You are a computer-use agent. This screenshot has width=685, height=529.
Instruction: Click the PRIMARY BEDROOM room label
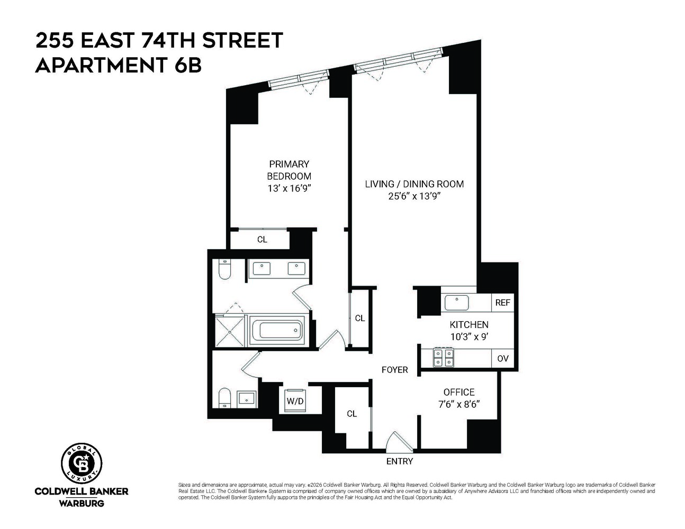289,170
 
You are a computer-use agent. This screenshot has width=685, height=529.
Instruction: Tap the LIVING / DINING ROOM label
414,184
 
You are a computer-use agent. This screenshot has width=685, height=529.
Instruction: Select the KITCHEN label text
469,324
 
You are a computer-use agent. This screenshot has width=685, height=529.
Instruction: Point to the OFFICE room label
458,392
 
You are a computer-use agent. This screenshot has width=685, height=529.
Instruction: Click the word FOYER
395,370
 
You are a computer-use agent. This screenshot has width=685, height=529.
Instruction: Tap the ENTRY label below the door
399,461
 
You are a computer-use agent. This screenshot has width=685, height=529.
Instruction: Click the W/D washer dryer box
295,400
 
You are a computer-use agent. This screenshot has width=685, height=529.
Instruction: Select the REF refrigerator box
502,303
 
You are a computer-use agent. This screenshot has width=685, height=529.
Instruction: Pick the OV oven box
502,358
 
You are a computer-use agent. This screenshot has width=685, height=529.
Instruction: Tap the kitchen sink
457,303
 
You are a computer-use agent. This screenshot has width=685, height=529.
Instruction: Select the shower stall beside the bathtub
231,331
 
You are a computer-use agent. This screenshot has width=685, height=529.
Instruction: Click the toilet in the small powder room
224,397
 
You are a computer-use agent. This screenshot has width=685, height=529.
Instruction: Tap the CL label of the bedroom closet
262,239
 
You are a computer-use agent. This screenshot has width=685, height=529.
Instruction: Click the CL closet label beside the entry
351,414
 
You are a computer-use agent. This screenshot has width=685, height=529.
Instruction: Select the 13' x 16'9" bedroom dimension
289,188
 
